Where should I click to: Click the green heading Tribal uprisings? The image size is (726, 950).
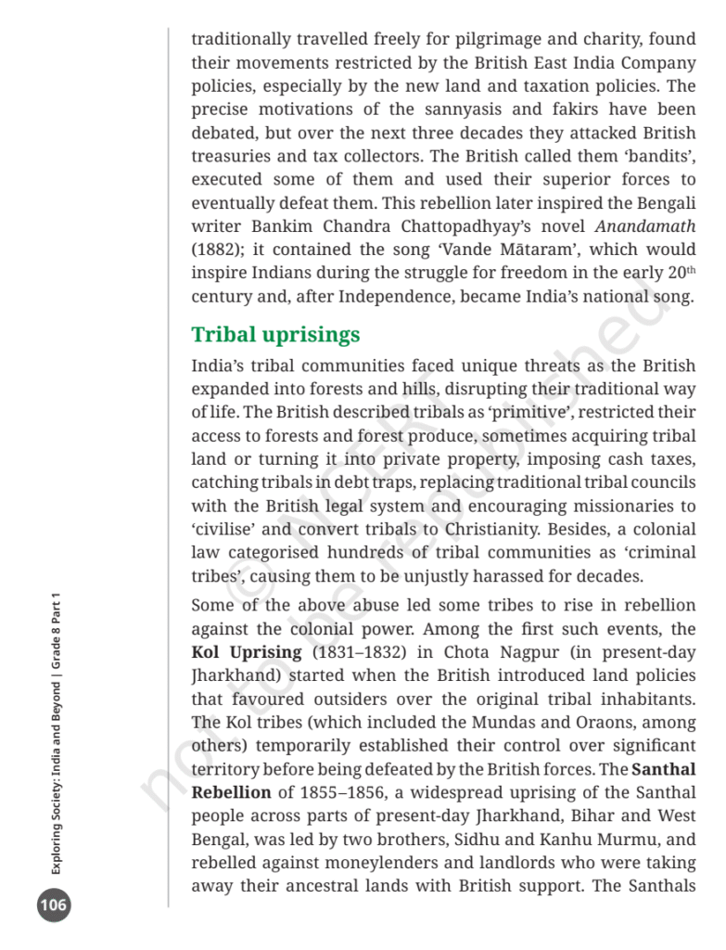(x=275, y=334)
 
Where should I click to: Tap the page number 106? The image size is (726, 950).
(x=54, y=905)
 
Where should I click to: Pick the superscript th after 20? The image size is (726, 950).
(x=689, y=270)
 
